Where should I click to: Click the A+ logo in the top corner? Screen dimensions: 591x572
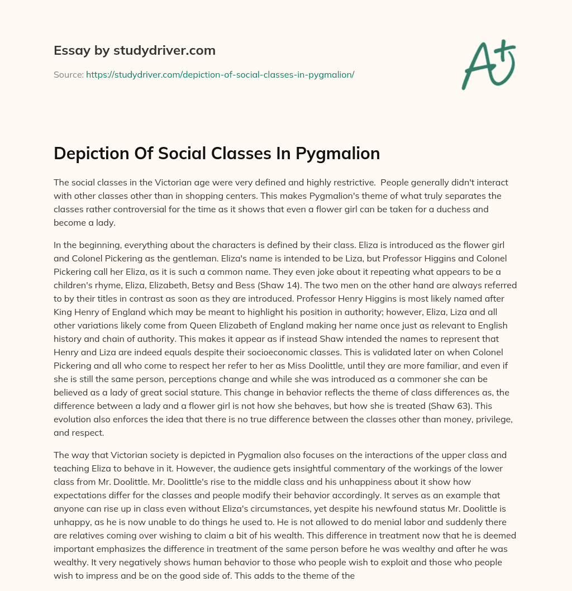click(488, 65)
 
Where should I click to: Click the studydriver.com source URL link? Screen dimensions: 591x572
click(220, 74)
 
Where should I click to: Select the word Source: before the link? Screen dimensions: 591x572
click(69, 74)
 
